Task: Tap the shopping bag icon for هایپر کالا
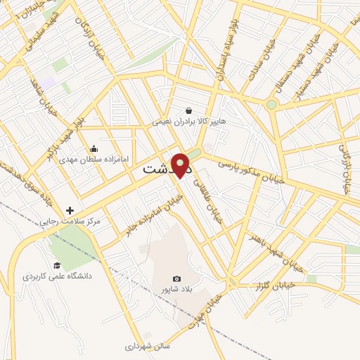click(x=189, y=110)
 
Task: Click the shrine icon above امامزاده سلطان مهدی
click(x=94, y=148)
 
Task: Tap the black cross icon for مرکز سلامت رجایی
click(x=70, y=210)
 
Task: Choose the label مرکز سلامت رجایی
click(x=70, y=221)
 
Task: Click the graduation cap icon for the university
click(x=57, y=265)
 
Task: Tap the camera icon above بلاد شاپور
click(x=176, y=278)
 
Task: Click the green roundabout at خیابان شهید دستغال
click(x=271, y=104)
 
